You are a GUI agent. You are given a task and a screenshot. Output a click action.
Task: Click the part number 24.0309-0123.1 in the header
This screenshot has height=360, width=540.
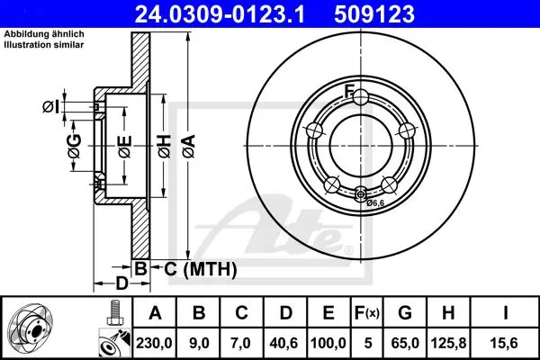click(x=220, y=14)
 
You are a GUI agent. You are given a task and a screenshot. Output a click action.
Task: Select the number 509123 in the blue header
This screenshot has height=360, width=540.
click(x=374, y=14)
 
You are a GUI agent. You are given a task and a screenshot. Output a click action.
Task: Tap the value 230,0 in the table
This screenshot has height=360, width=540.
click(x=154, y=343)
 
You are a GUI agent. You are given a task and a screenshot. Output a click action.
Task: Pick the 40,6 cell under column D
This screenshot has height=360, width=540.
click(x=284, y=343)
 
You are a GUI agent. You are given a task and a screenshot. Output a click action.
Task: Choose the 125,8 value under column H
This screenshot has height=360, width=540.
click(x=448, y=343)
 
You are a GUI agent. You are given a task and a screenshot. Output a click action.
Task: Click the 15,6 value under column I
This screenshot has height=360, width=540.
click(x=504, y=343)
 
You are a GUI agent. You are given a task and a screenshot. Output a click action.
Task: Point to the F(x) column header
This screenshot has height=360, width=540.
click(x=367, y=313)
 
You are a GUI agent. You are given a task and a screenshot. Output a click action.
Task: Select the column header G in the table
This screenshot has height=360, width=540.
click(x=405, y=313)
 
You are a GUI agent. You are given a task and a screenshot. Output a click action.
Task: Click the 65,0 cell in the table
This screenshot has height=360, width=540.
click(x=405, y=343)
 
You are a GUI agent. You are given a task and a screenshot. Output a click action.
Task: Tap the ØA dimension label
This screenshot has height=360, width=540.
click(x=189, y=146)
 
